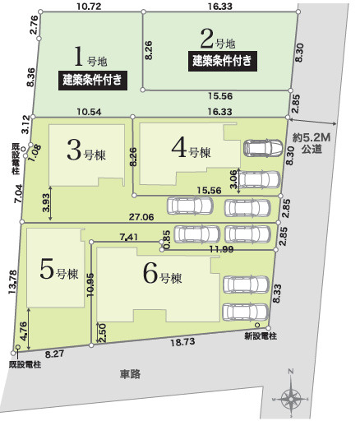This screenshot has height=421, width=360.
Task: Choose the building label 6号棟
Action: tap(161, 274)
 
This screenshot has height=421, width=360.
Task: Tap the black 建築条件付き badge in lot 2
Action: tap(222, 60)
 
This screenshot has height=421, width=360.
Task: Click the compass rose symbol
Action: tap(292, 398)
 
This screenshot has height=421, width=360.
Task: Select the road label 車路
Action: tap(130, 374)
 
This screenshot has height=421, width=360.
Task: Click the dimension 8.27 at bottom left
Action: tap(55, 353)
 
